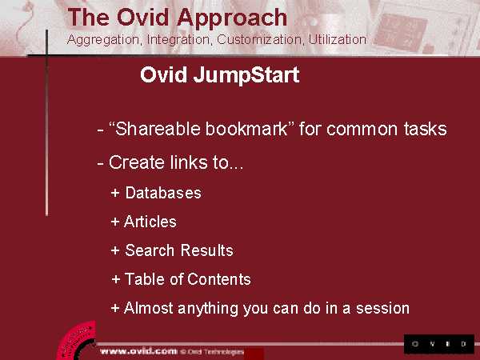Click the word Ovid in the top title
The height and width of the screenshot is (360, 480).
[x=142, y=18]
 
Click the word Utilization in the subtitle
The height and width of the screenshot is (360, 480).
[x=338, y=39]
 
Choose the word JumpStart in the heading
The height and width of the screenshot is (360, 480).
[x=246, y=75]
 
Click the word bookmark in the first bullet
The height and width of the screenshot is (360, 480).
[x=246, y=129]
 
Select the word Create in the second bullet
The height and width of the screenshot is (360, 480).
[x=137, y=162]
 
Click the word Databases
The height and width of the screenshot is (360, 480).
[x=163, y=193]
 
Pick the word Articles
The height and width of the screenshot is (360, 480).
[x=150, y=222]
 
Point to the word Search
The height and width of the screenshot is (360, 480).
[x=150, y=250]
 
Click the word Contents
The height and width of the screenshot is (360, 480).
[x=219, y=279]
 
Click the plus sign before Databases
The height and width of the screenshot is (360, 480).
[x=115, y=193]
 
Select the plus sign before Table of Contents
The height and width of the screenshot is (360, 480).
[x=116, y=279]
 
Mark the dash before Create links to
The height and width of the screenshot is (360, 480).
[x=100, y=163]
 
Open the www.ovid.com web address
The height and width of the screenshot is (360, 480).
[x=138, y=351]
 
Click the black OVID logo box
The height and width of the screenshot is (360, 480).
[x=439, y=344]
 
